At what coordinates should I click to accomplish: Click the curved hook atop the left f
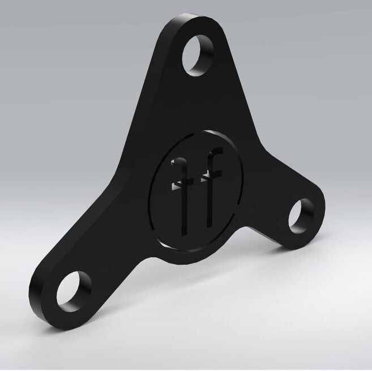pyautogui.click(x=180, y=165)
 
